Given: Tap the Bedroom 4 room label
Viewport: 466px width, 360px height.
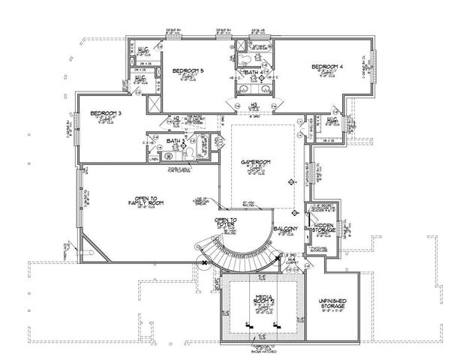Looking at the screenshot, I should (330, 67).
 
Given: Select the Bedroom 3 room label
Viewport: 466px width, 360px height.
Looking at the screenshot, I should (106, 113).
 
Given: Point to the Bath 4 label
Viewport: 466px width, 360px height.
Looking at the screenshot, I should (254, 72).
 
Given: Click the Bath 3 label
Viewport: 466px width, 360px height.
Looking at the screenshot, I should (174, 141).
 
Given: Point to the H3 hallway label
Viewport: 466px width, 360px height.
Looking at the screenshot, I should (256, 105).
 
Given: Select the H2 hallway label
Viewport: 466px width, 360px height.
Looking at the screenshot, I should (176, 118).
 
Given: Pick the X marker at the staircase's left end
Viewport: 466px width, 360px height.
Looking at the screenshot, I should (203, 262).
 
